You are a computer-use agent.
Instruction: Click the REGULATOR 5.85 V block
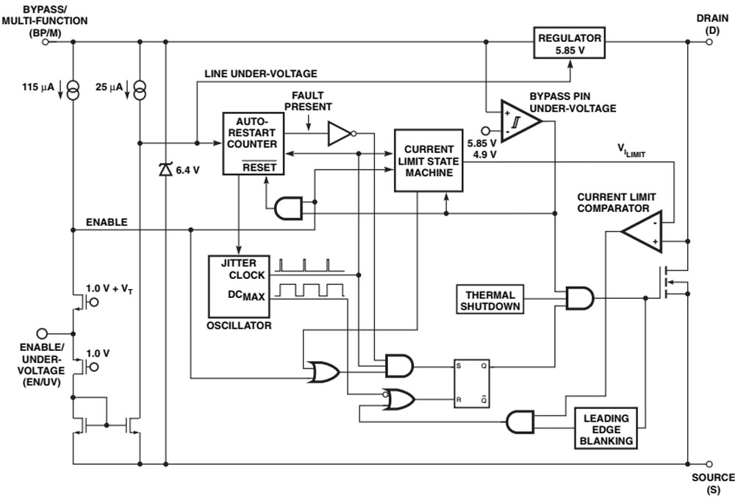[569, 43]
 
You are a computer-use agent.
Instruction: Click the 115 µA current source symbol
[73, 90]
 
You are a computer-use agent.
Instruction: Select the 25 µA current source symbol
[139, 90]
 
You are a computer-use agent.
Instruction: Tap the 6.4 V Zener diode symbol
[165, 169]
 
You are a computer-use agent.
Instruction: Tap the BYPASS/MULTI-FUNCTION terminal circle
[46, 43]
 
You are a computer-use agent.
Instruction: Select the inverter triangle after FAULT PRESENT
[340, 133]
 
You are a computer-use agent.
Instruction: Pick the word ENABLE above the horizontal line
[107, 221]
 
